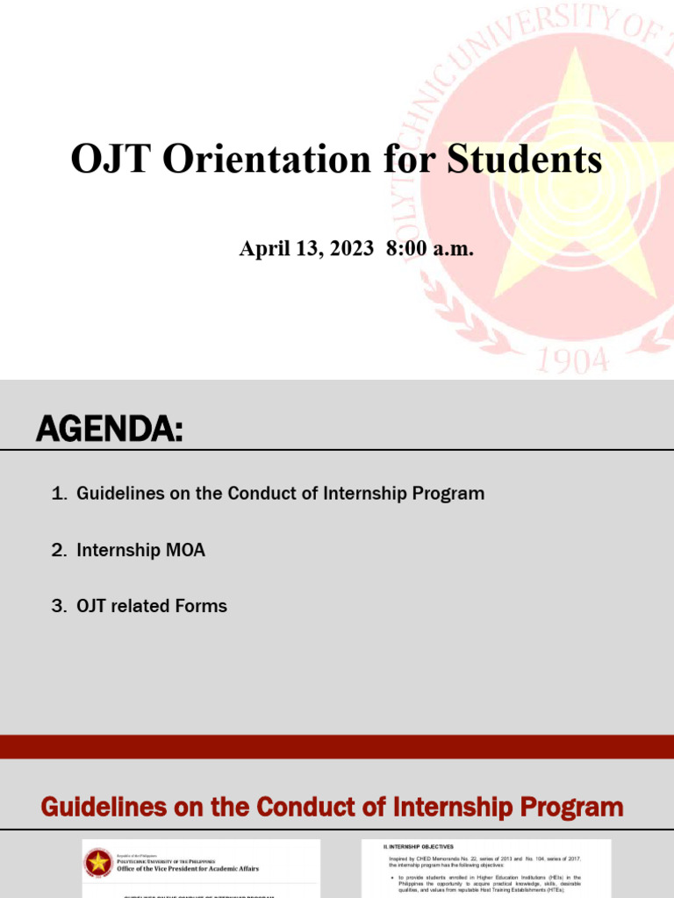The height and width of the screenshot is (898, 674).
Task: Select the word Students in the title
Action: tap(525, 160)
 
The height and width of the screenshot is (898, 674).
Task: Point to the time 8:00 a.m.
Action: tap(429, 248)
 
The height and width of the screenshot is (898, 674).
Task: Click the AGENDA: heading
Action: tap(109, 430)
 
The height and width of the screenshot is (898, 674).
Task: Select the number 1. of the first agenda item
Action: tap(59, 494)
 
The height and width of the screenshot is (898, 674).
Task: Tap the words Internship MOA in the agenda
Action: tap(140, 550)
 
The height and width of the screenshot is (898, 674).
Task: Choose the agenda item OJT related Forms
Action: tap(151, 606)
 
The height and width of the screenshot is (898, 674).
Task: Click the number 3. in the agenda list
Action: tap(59, 606)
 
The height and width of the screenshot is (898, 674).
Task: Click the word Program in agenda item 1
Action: tap(451, 494)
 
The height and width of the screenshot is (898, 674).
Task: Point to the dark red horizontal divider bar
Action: tap(337, 746)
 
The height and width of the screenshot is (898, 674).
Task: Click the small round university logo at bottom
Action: tap(97, 864)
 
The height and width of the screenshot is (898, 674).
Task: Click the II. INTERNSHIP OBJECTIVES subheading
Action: tap(419, 846)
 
